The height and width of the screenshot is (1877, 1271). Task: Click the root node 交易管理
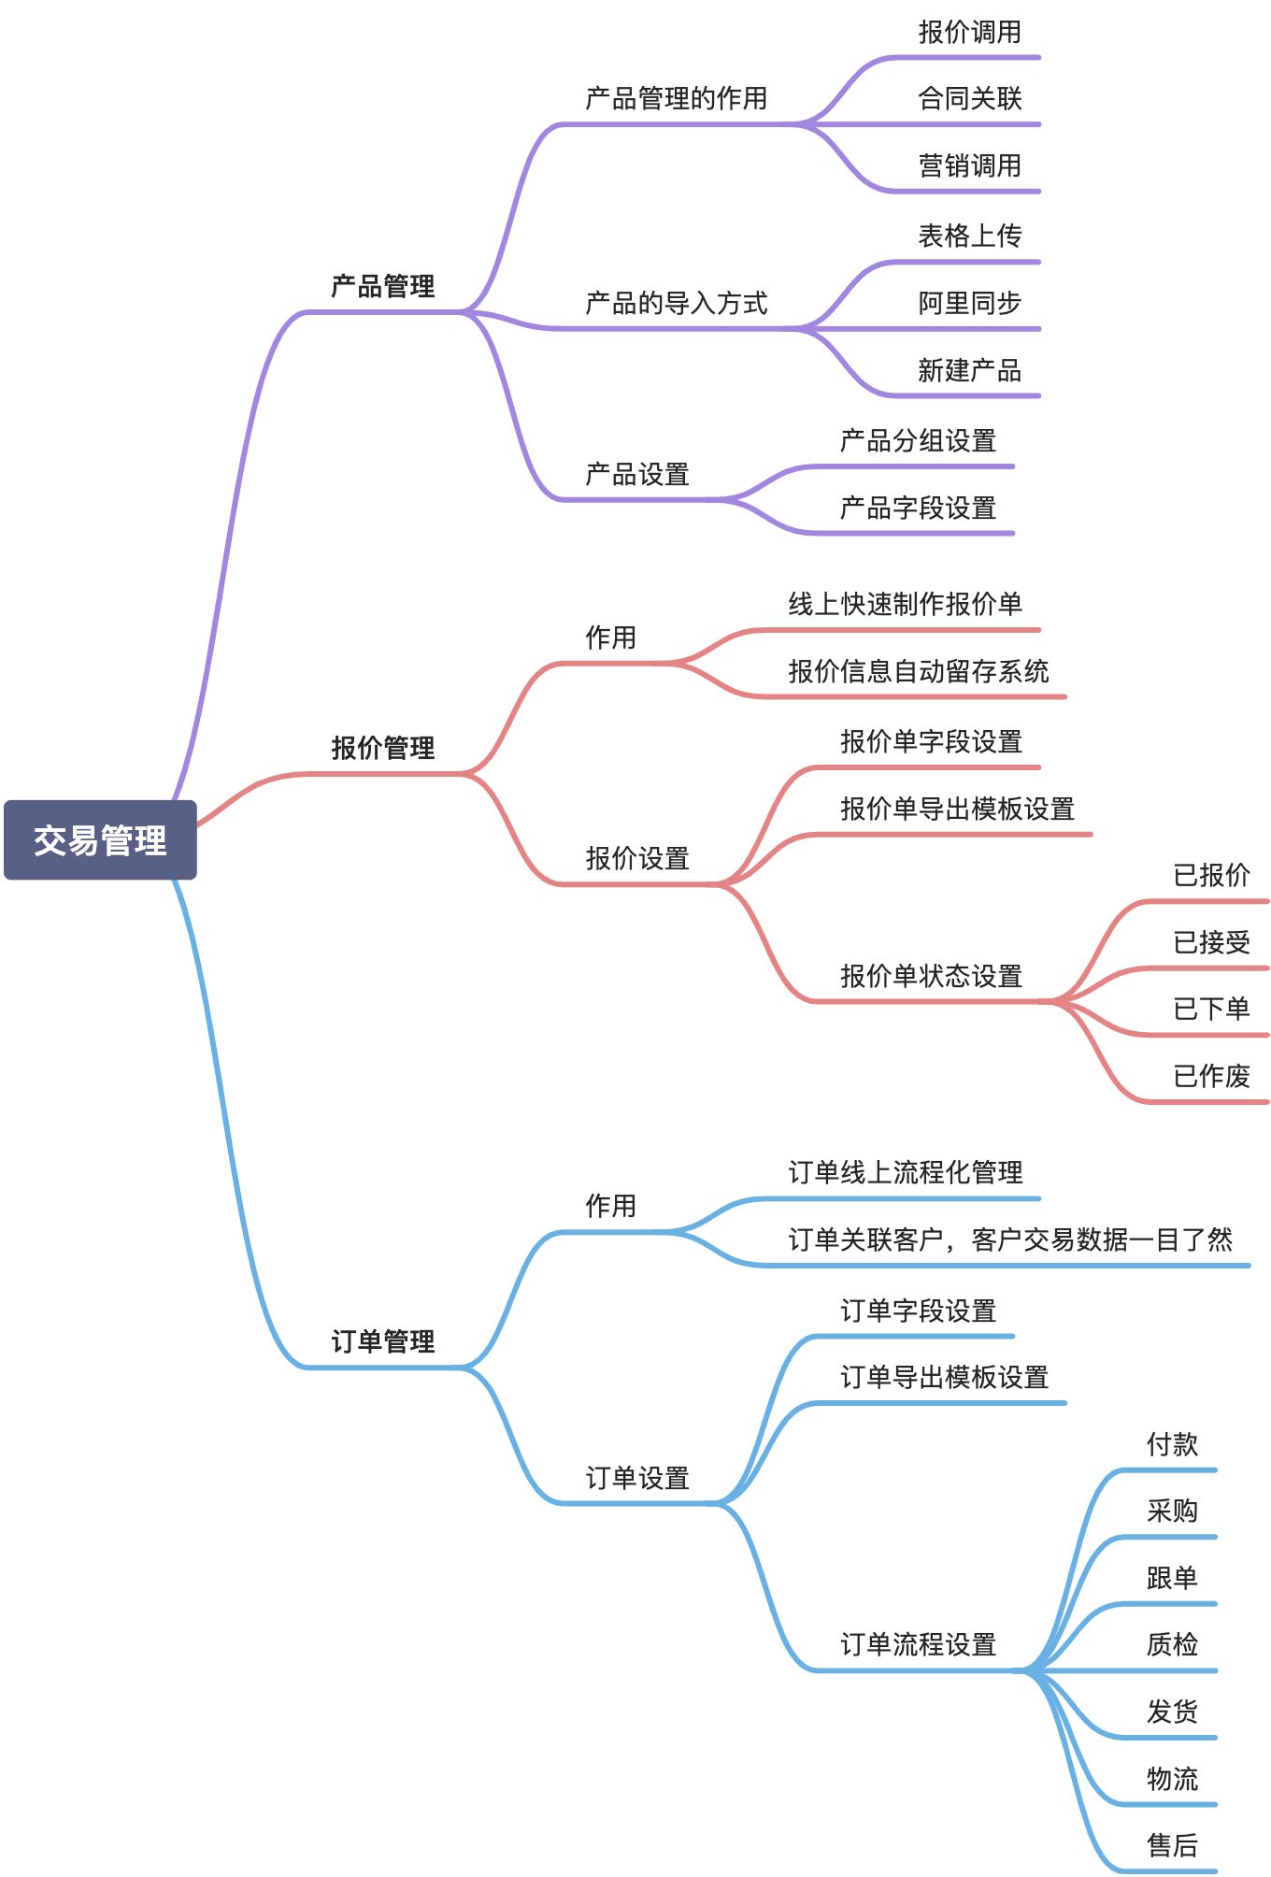coord(100,839)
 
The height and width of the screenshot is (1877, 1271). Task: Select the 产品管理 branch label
coord(383,286)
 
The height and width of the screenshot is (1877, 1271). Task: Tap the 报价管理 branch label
coord(383,748)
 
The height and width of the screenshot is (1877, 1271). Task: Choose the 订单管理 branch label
coord(383,1342)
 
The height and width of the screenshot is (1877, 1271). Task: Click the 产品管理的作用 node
coord(676,98)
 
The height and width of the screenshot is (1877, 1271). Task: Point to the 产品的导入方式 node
coord(676,303)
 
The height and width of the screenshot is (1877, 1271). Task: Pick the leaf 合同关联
coord(969,98)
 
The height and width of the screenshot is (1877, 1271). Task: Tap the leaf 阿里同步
coord(969,303)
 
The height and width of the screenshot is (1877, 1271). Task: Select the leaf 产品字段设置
coord(918,508)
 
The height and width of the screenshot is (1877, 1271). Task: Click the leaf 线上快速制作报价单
coord(905,604)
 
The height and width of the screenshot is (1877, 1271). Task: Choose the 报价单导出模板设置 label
coord(957,809)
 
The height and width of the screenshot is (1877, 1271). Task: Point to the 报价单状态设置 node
coord(931,976)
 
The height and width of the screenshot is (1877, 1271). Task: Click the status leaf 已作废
coord(1211,1076)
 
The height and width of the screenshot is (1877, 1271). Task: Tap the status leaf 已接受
coord(1211,942)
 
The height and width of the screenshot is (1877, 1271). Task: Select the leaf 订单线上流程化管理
coord(905,1172)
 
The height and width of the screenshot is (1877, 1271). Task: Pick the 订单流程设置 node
coord(918,1644)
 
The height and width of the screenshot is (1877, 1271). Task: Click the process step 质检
coord(1172,1644)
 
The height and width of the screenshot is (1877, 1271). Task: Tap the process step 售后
coord(1172,1845)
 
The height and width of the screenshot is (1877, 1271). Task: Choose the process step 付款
coord(1172,1444)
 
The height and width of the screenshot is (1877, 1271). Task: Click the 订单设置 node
coord(637,1478)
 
